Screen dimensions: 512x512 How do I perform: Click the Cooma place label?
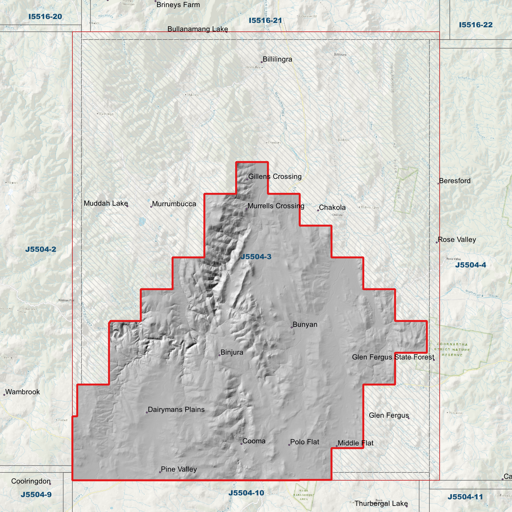click(x=254, y=441)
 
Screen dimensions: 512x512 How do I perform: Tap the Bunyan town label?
click(x=305, y=325)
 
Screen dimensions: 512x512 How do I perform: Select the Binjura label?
click(x=232, y=353)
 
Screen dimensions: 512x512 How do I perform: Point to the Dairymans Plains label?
click(x=176, y=410)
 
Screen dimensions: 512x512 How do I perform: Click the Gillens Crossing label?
click(x=275, y=176)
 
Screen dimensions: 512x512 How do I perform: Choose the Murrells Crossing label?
click(x=276, y=206)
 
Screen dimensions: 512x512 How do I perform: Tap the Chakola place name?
click(x=332, y=208)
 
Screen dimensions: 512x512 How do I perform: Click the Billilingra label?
click(x=277, y=60)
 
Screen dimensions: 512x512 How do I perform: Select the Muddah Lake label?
click(x=106, y=203)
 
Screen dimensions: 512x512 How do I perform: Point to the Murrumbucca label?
click(x=174, y=204)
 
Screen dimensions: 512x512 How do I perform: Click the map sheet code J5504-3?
click(x=256, y=257)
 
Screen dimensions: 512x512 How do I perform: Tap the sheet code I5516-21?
click(x=265, y=21)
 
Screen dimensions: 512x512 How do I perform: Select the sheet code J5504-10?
click(x=246, y=493)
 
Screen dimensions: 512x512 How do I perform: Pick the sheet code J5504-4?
click(x=470, y=265)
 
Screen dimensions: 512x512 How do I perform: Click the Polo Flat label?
click(x=304, y=442)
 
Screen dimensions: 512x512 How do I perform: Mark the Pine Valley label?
click(x=179, y=469)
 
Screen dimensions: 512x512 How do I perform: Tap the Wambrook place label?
click(x=22, y=392)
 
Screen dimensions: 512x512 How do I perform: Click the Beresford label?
click(x=455, y=181)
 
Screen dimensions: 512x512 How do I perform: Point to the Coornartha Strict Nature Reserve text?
click(x=452, y=349)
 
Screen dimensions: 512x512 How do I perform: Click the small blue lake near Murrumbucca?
click(x=142, y=222)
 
